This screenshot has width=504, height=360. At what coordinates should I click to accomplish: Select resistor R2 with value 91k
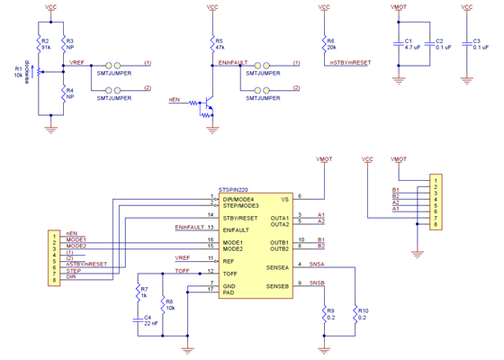point(40,45)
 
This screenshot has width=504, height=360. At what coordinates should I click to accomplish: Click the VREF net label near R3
point(77,62)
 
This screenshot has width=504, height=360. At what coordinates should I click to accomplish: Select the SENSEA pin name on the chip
point(276,267)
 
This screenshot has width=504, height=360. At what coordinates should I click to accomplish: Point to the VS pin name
point(283,198)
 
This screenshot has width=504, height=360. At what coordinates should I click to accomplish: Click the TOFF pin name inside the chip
point(232,272)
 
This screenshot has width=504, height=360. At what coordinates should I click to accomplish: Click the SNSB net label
point(317,282)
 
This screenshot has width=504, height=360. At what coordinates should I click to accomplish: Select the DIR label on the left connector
point(71,277)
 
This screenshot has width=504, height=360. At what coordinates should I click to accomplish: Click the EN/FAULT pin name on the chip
point(237,230)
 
